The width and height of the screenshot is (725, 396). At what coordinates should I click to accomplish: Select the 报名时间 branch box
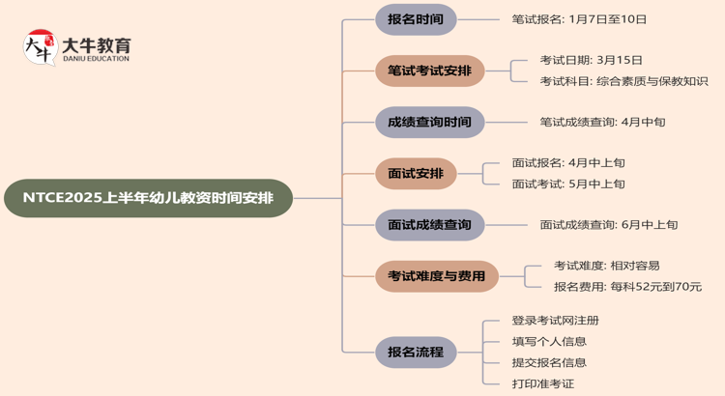pos(416,19)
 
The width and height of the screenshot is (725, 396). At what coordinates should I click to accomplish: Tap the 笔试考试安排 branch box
pos(429,71)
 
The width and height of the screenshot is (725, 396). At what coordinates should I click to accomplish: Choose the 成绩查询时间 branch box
pos(429,123)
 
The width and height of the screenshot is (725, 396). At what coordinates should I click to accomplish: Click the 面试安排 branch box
pos(416,174)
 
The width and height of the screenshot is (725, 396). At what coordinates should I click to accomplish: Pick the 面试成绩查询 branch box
pos(429,225)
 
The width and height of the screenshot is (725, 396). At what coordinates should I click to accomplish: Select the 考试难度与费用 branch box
pos(437,276)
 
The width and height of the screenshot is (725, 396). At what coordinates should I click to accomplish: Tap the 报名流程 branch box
pos(416,352)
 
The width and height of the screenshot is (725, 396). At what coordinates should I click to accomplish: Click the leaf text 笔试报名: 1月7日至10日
pos(579,19)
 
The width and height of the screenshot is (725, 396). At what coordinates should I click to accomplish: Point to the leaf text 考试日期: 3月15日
pos(592,60)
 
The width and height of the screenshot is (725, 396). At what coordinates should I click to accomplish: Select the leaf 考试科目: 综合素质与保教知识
pos(623,81)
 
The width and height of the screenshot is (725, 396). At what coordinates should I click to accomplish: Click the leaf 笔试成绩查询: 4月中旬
pos(602,123)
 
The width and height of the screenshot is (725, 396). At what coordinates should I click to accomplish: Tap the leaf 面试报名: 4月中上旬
pos(568,163)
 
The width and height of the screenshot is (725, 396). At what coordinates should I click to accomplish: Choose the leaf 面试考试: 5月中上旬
pos(568,184)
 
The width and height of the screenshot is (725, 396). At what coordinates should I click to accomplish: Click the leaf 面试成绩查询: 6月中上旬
pos(609,225)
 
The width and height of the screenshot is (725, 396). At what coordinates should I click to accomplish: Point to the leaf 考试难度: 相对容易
pos(607,266)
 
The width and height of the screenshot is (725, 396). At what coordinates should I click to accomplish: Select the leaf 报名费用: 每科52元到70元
pos(627,287)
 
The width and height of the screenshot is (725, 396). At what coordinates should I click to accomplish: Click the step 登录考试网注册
pos(556,321)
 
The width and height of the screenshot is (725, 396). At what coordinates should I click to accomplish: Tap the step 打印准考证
pos(543,383)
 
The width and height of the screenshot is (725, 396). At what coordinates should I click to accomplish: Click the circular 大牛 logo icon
pos(40,47)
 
